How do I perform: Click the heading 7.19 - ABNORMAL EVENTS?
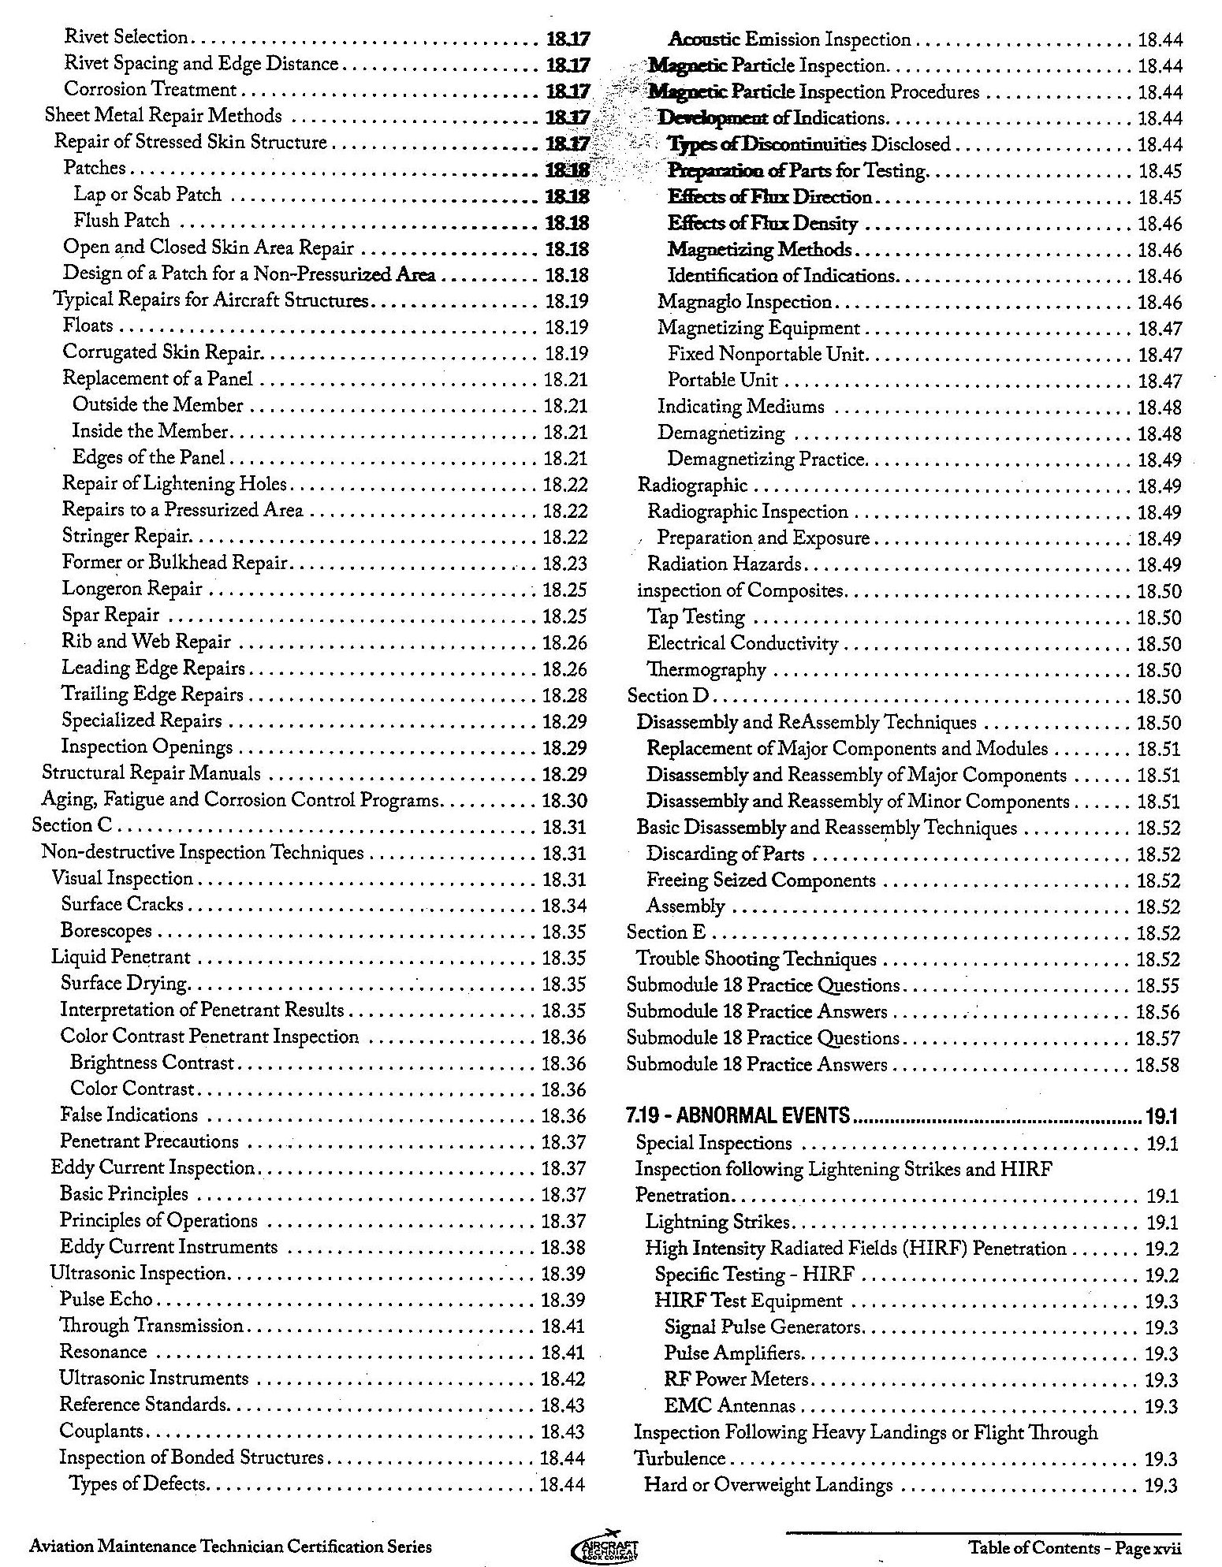click(x=739, y=1115)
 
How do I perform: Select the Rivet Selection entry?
click(x=126, y=37)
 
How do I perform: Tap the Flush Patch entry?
click(x=121, y=221)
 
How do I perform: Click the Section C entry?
click(x=72, y=825)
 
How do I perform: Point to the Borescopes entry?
click(x=106, y=931)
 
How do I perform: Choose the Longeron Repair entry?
click(x=132, y=589)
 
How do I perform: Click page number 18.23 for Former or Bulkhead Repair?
click(x=565, y=564)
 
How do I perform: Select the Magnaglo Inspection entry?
click(x=745, y=302)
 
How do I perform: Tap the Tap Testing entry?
click(x=696, y=616)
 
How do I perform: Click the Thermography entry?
click(x=706, y=670)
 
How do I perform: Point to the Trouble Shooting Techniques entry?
click(x=756, y=958)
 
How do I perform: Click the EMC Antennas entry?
click(x=730, y=1405)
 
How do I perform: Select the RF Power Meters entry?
click(x=736, y=1379)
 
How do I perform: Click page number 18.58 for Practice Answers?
click(x=1157, y=1065)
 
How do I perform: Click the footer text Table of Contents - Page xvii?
click(x=1075, y=1547)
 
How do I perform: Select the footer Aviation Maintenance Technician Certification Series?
click(x=230, y=1547)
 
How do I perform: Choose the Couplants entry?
click(x=102, y=1431)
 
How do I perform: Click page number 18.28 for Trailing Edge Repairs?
click(x=564, y=695)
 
